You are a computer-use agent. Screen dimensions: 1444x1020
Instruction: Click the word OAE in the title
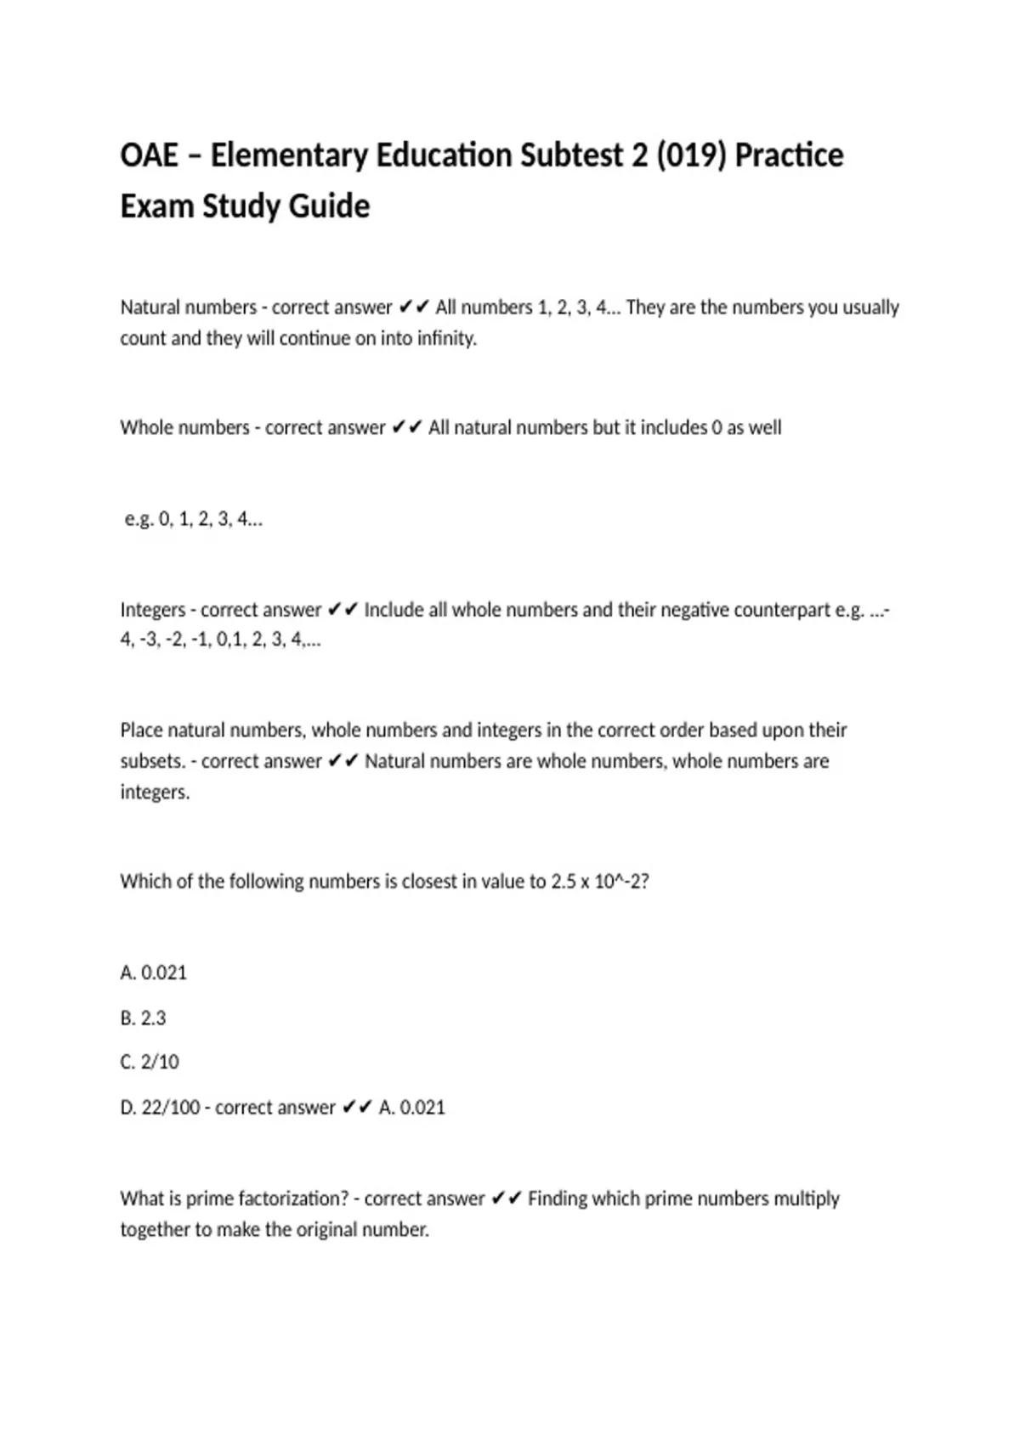(150, 156)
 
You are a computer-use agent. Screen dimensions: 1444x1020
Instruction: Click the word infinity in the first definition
(446, 339)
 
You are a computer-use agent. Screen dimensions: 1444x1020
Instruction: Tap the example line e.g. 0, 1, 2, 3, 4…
(194, 519)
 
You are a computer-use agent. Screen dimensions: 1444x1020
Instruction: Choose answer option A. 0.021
(154, 973)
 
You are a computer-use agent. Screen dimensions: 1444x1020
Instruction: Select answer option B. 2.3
(144, 1018)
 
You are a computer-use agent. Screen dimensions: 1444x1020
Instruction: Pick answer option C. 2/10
(150, 1062)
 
